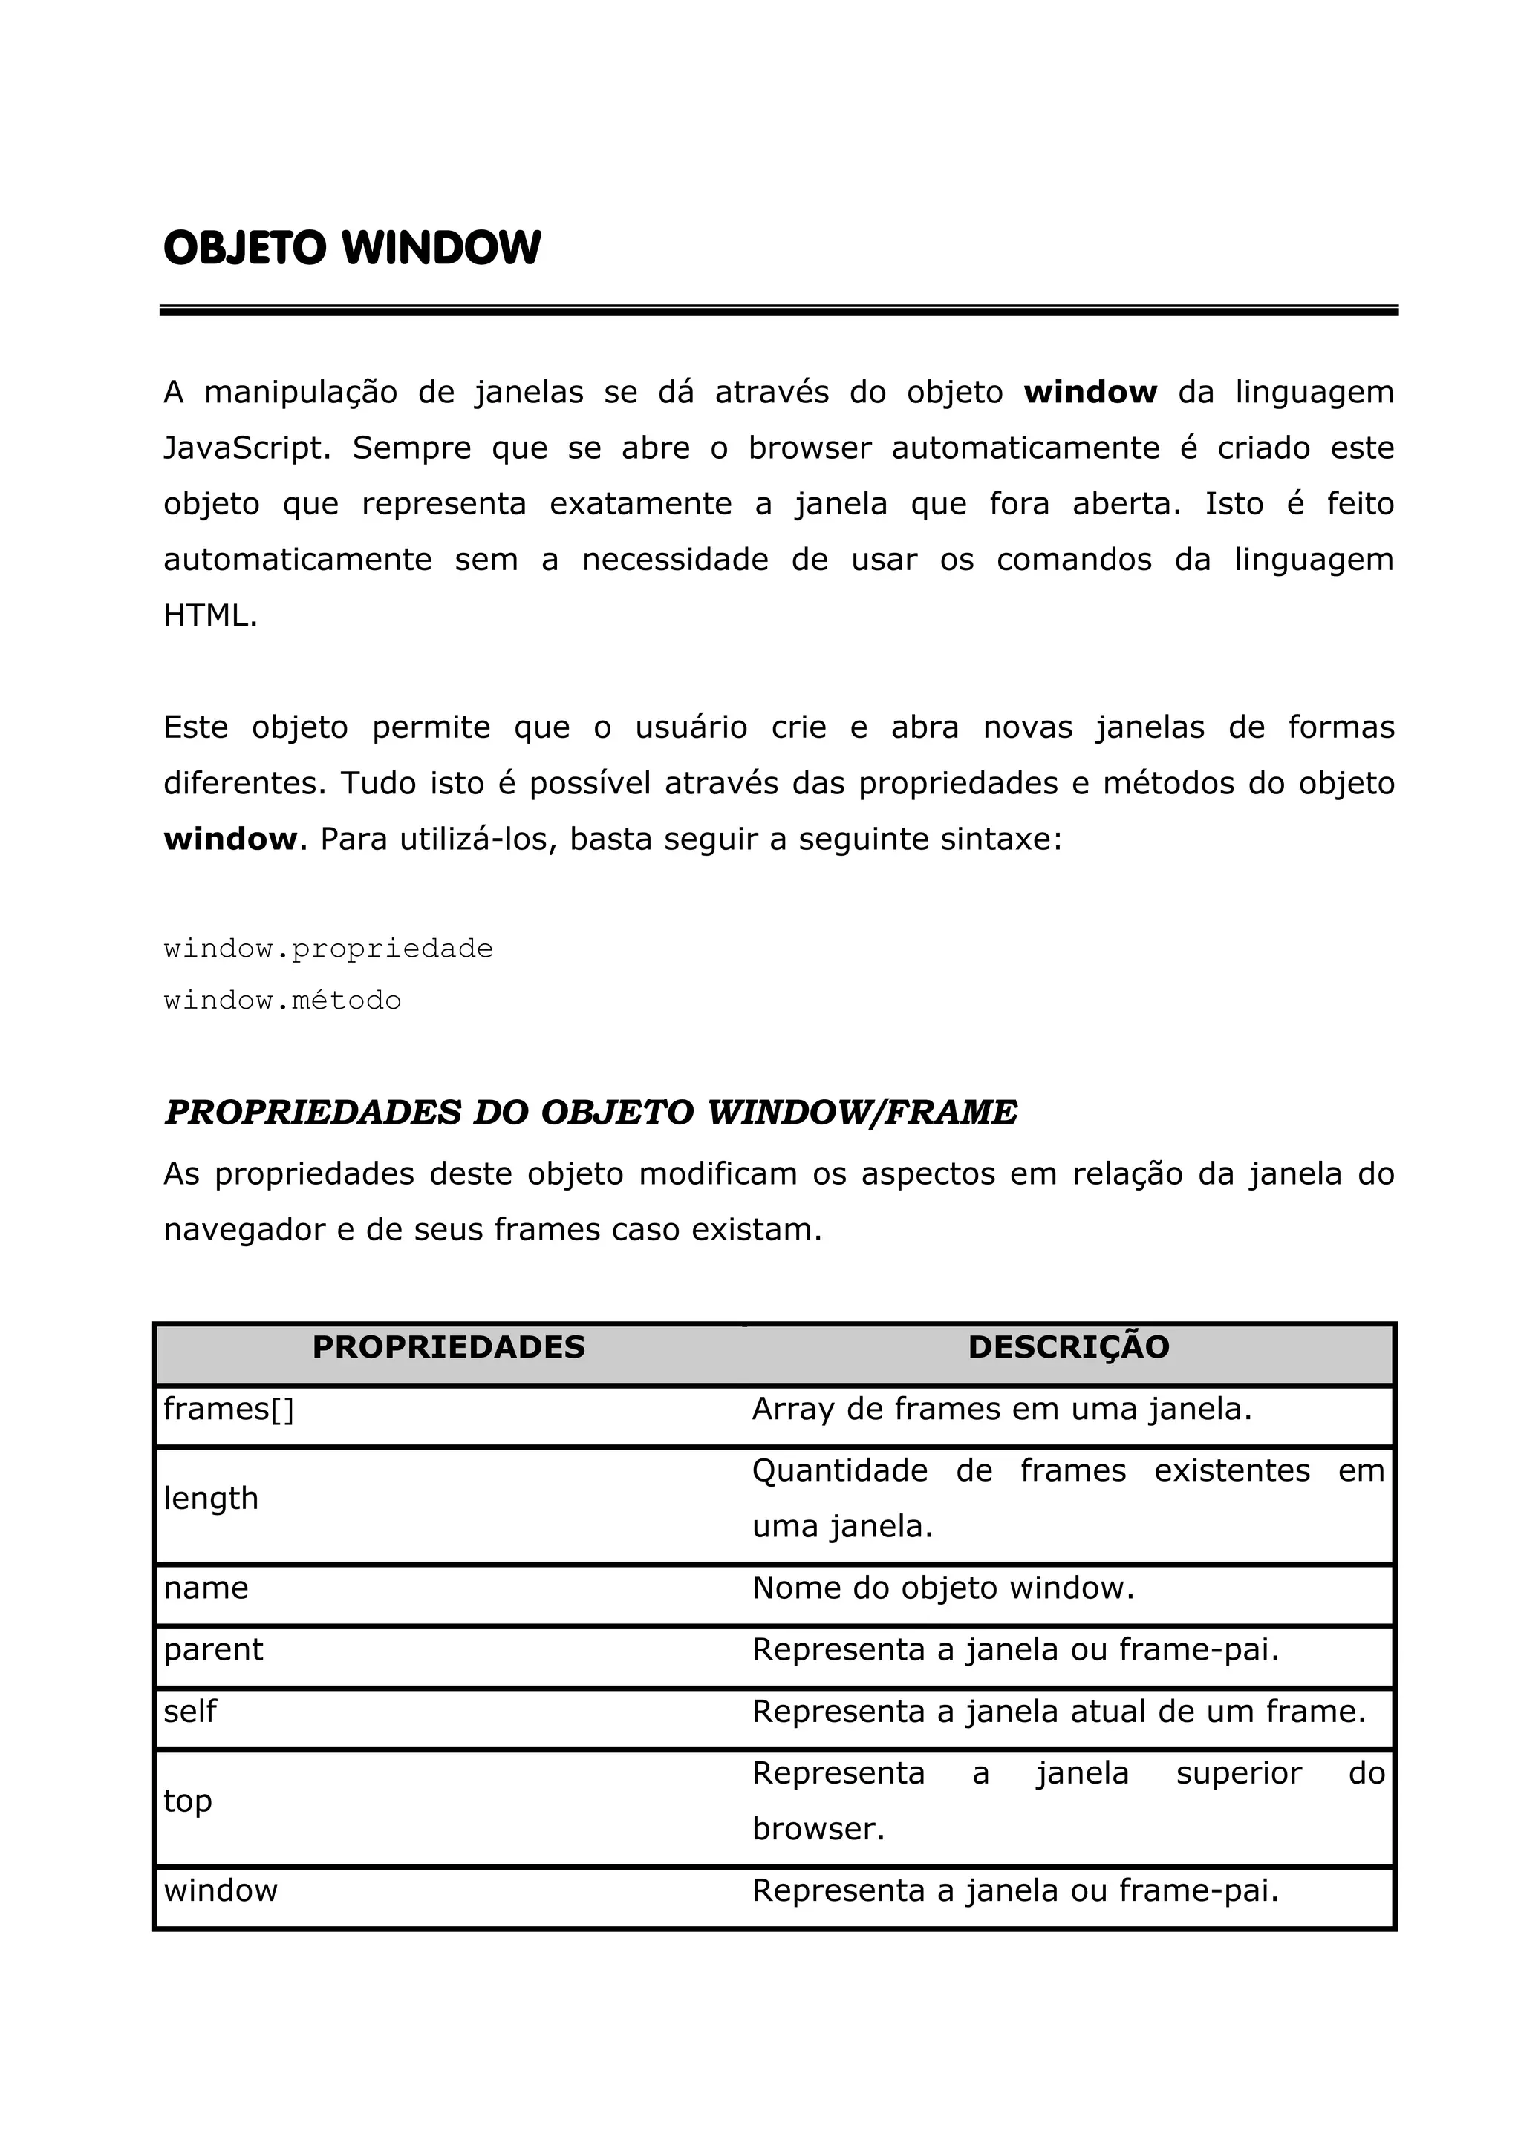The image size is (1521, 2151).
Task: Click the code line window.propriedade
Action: [x=328, y=949]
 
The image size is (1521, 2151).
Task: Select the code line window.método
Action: [x=282, y=1001]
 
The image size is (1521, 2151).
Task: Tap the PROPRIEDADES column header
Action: [x=448, y=1347]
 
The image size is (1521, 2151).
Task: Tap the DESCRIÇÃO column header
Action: [x=1069, y=1347]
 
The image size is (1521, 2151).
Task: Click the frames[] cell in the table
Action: [x=229, y=1409]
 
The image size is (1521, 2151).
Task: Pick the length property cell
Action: [x=211, y=1498]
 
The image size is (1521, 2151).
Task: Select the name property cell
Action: [x=206, y=1588]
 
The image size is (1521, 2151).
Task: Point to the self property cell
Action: [x=190, y=1712]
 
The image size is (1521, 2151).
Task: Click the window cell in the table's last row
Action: [x=221, y=1890]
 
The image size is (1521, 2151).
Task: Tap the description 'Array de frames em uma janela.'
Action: [x=1002, y=1409]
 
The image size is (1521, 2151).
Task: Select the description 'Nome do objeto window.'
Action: [x=942, y=1588]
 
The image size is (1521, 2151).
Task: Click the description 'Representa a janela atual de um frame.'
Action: [x=1059, y=1712]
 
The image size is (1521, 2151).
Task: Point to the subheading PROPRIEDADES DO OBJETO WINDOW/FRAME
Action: [x=590, y=1113]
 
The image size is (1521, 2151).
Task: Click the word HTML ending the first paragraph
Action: [x=210, y=615]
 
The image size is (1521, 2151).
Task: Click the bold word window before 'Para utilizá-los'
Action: [x=230, y=839]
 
